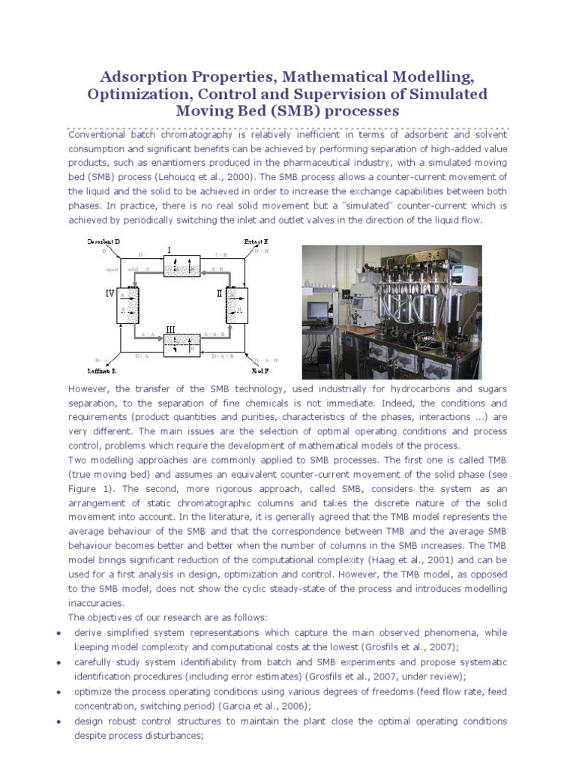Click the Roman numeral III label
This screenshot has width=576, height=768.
pos(170,328)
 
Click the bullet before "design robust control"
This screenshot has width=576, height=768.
pos(59,721)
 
